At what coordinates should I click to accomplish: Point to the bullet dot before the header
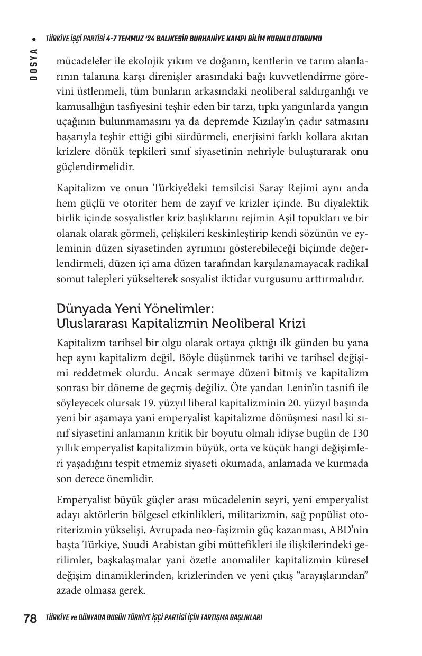(x=33, y=39)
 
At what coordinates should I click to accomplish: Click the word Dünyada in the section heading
(x=84, y=308)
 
